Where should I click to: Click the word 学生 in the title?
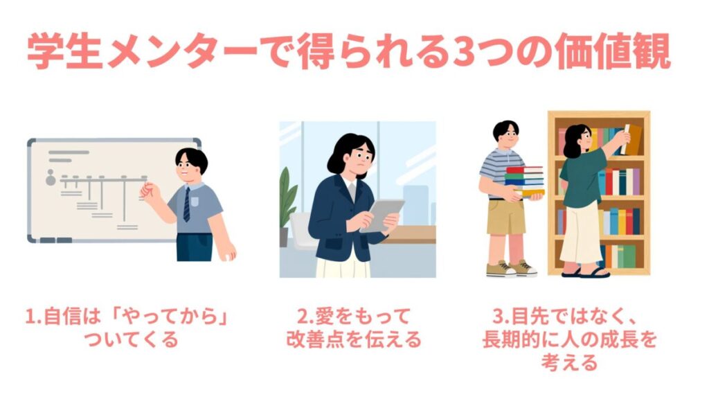[64, 51]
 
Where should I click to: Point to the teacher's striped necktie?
[187, 204]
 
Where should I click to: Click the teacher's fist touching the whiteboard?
[148, 190]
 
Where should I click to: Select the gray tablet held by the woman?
[382, 216]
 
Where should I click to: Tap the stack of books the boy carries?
[525, 181]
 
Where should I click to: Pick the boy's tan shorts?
[506, 217]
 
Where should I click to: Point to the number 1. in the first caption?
[33, 317]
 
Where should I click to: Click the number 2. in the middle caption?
[305, 317]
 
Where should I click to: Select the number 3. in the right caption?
[501, 317]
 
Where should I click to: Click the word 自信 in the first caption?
[62, 317]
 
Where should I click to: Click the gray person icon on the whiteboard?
[51, 178]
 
